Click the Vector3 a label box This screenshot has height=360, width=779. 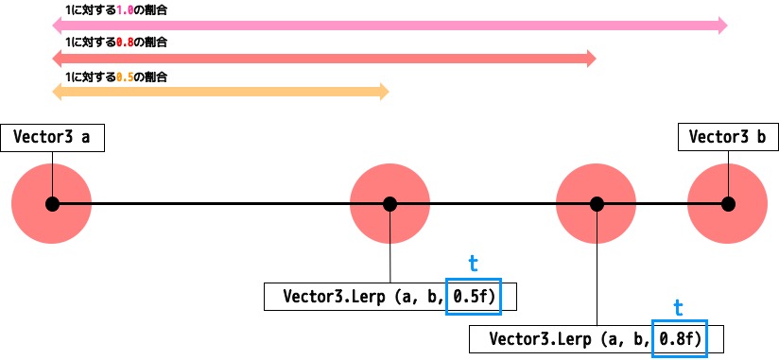point(52,137)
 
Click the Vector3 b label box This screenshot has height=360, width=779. point(727,137)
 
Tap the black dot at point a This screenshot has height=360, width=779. point(52,203)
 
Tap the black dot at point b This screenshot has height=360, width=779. point(727,203)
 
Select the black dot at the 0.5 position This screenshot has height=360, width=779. point(389,203)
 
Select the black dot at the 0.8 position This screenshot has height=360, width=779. point(597,203)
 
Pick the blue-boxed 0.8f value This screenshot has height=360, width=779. point(680,338)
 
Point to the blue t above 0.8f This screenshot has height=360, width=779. point(678,307)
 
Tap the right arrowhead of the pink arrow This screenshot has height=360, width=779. point(722,26)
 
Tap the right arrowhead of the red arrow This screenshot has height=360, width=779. point(592,59)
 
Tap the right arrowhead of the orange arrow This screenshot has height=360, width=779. point(383,92)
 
